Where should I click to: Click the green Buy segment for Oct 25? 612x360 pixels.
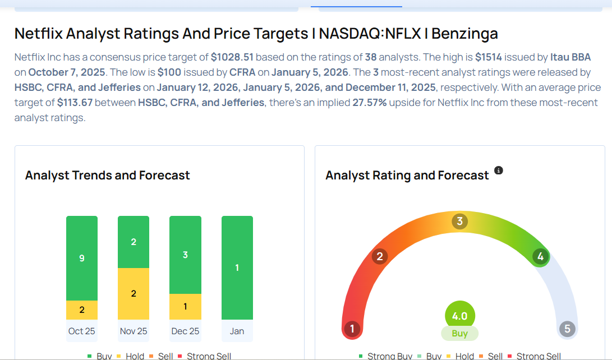point(82,259)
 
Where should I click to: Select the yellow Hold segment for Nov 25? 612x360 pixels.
point(134,293)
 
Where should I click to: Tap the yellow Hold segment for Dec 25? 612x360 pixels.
point(185,307)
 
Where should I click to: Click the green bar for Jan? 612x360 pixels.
point(237,267)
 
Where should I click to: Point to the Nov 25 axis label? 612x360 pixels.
point(134,331)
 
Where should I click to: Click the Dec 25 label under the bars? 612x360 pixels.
point(185,331)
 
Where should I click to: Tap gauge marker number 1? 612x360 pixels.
point(352,329)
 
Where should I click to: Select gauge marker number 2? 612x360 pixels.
point(380,257)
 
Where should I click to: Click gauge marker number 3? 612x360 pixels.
point(459,221)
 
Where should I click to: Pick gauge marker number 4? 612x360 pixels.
point(541,257)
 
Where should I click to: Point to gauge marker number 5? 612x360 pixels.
point(567,329)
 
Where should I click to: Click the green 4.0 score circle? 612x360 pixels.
point(459,316)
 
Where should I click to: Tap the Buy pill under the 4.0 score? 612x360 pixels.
point(459,333)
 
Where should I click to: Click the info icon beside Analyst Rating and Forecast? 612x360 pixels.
point(498,170)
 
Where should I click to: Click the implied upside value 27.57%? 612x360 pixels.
point(369,103)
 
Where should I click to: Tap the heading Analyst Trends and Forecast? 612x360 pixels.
point(108,176)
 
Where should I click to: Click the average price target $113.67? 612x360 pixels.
point(75,103)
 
